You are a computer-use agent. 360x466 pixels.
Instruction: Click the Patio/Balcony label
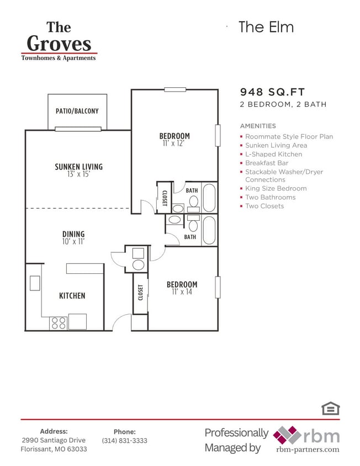pyautogui.click(x=77, y=111)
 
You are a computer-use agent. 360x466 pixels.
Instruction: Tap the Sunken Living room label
pyautogui.click(x=78, y=167)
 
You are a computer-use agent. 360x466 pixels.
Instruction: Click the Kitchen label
pyautogui.click(x=72, y=296)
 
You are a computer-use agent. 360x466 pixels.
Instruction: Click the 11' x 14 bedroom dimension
pyautogui.click(x=182, y=292)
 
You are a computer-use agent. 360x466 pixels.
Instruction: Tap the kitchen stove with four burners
pyautogui.click(x=59, y=322)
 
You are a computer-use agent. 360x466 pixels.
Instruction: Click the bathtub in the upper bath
pyautogui.click(x=209, y=197)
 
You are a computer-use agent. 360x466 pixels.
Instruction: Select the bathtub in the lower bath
pyautogui.click(x=209, y=230)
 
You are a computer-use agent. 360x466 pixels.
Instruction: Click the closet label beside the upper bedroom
pyautogui.click(x=164, y=197)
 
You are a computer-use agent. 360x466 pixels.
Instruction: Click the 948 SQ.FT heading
pyautogui.click(x=272, y=92)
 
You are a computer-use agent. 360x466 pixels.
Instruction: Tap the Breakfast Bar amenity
pyautogui.click(x=267, y=163)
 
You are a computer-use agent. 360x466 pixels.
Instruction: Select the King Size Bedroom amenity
pyautogui.click(x=276, y=188)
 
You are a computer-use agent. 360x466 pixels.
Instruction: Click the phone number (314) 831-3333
pyautogui.click(x=124, y=441)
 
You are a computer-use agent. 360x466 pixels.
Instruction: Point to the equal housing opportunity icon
pyautogui.click(x=330, y=408)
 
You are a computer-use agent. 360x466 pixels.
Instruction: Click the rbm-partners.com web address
pyautogui.click(x=308, y=449)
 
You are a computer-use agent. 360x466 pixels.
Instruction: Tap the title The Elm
pyautogui.click(x=266, y=27)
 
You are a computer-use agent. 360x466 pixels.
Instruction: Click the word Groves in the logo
pyautogui.click(x=59, y=43)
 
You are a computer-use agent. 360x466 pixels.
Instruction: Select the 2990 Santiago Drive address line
pyautogui.click(x=54, y=440)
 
